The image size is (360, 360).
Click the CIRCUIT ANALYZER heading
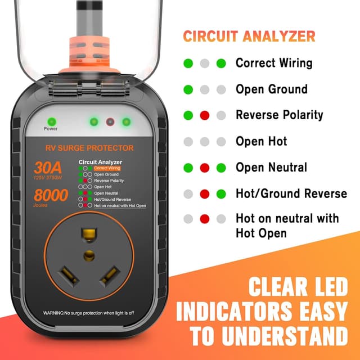pyautogui.click(x=248, y=36)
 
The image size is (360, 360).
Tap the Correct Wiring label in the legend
pyautogui.click(x=273, y=63)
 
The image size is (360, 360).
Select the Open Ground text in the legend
pyautogui.click(x=271, y=89)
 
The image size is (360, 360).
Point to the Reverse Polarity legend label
pyautogui.click(x=279, y=115)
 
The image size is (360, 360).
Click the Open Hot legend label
pyautogui.click(x=261, y=141)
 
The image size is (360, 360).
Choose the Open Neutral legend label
pyautogui.click(x=271, y=167)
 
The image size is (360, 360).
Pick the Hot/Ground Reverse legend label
pyautogui.click(x=291, y=193)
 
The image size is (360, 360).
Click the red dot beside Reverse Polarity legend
pyautogui.click(x=205, y=115)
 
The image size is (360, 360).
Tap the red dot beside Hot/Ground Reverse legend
pyautogui.click(x=205, y=194)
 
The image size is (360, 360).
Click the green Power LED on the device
pyautogui.click(x=51, y=121)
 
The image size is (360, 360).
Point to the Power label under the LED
pyautogui.click(x=51, y=129)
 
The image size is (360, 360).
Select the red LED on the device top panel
pyautogui.click(x=110, y=121)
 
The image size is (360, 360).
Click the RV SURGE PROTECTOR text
pyautogui.click(x=89, y=148)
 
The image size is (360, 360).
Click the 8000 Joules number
pyautogui.click(x=51, y=195)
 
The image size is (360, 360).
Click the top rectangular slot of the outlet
pyautogui.click(x=88, y=232)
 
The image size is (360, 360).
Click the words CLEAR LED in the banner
pyautogui.click(x=299, y=288)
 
